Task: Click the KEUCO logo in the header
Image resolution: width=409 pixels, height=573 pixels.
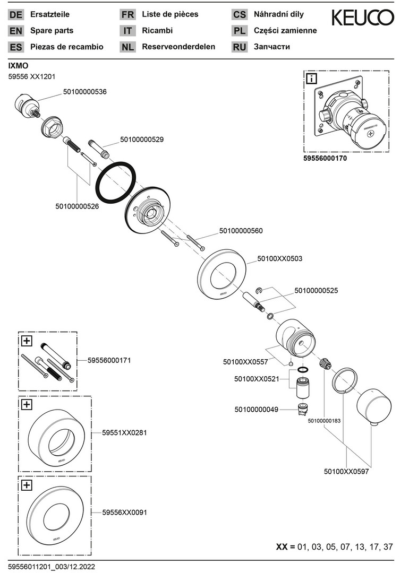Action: click(363, 18)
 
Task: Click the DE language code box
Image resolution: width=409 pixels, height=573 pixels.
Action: click(16, 15)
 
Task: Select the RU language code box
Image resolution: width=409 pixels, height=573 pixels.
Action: click(239, 47)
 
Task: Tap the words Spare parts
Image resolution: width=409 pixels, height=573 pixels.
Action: click(52, 31)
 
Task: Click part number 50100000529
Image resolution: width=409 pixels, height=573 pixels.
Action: click(142, 140)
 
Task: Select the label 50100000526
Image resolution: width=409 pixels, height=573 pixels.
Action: click(77, 206)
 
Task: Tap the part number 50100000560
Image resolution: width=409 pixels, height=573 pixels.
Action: click(241, 231)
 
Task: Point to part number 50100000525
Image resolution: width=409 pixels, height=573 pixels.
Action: click(316, 291)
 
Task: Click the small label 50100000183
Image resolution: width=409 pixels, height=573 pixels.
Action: click(324, 420)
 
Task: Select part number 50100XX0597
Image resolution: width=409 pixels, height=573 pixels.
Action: click(346, 471)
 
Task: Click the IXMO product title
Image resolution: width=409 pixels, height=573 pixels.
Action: click(19, 66)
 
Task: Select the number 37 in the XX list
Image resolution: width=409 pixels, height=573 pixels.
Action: click(388, 546)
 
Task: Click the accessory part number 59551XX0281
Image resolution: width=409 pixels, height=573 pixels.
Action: click(124, 432)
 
